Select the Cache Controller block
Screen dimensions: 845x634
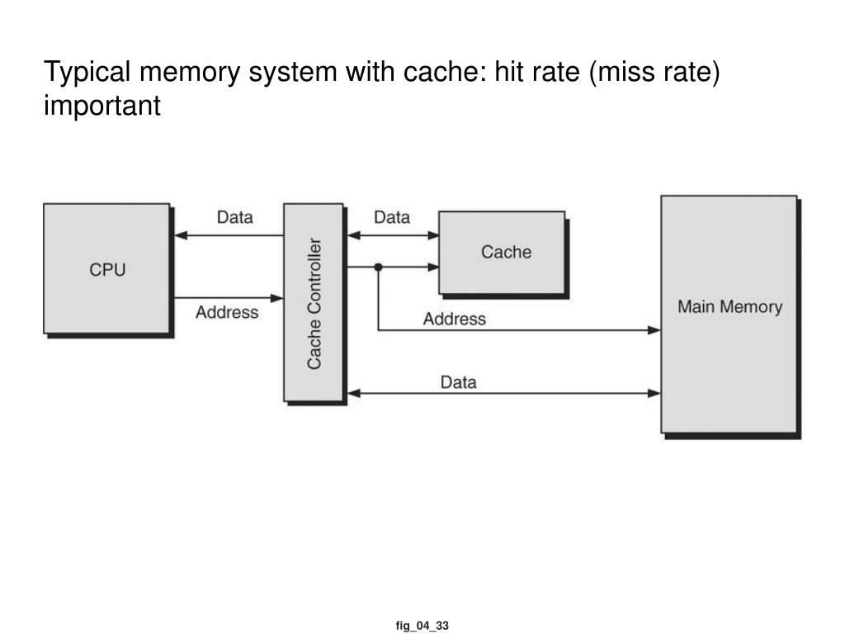pos(314,302)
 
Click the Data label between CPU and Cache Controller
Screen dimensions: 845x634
pos(235,217)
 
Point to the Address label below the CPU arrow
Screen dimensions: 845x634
pos(227,312)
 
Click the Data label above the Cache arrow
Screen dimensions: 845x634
pos(392,217)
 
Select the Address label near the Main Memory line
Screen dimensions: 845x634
pos(455,319)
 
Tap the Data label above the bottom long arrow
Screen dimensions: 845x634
pos(459,382)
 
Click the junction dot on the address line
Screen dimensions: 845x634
pos(378,267)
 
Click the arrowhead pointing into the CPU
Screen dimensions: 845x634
pos(181,235)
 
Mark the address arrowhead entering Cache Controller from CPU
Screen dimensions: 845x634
pos(277,298)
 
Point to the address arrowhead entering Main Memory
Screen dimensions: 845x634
pos(654,330)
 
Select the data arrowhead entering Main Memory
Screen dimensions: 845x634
pos(654,394)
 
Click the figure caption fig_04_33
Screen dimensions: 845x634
pos(422,626)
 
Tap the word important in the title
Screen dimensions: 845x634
pos(101,106)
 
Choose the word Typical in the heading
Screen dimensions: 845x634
pos(87,73)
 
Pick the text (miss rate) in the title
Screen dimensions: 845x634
pos(654,73)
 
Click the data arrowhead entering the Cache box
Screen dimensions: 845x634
pos(432,235)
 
